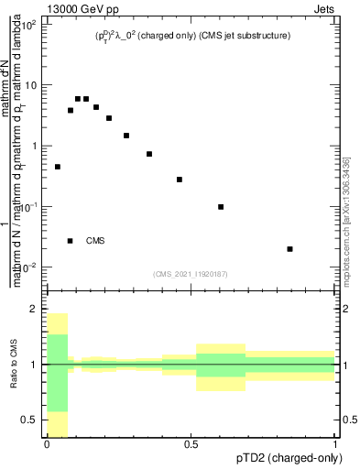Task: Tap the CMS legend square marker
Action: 71,241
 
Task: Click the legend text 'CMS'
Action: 95,241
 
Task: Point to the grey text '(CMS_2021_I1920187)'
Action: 191,274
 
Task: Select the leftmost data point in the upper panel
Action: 58,167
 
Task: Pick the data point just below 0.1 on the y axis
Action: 221,207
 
